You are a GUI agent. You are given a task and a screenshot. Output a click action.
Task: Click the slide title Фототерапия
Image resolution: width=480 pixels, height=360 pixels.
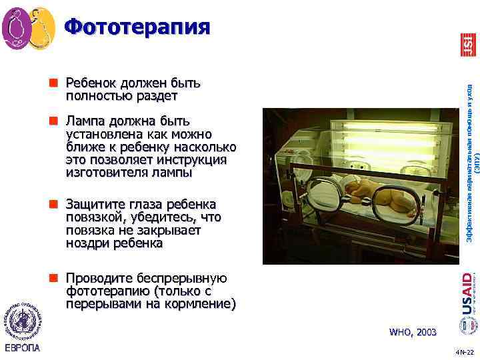pyautogui.click(x=137, y=26)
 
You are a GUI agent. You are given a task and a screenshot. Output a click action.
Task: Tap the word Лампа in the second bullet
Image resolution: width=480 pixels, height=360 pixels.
pyautogui.click(x=83, y=121)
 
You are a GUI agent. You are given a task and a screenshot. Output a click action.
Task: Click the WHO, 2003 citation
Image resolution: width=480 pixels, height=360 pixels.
pyautogui.click(x=413, y=331)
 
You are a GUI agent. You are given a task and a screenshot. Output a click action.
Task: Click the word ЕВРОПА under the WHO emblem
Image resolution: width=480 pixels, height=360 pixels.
pyautogui.click(x=22, y=348)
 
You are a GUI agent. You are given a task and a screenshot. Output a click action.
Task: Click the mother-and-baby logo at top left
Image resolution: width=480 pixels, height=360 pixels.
pyautogui.click(x=29, y=29)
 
